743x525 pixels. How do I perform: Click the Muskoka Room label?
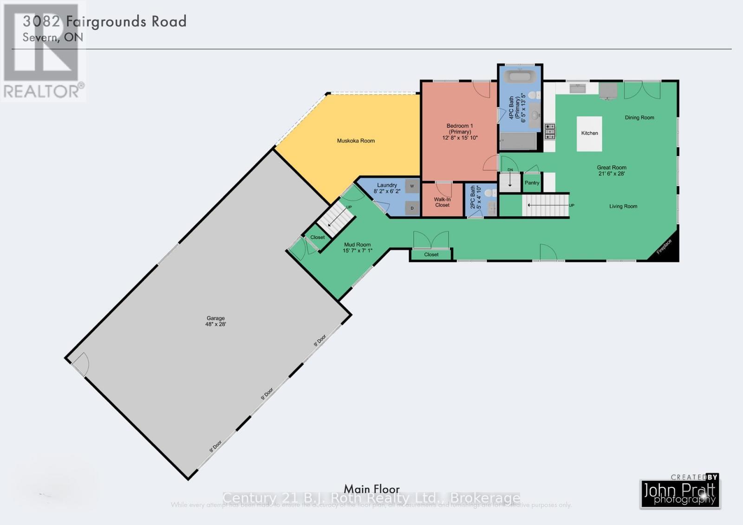(x=356, y=141)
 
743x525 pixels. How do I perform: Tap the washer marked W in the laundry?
(x=412, y=186)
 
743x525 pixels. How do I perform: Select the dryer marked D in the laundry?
(x=412, y=208)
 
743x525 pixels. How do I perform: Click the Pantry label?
(x=532, y=183)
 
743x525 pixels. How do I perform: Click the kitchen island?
(x=589, y=133)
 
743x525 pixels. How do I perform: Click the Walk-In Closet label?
(x=442, y=202)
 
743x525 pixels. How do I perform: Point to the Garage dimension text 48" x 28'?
(x=216, y=324)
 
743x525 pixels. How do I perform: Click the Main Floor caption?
(x=371, y=489)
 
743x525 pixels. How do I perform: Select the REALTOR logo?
(x=43, y=51)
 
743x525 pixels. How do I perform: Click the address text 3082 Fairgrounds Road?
(x=104, y=21)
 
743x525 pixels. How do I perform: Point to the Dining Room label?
(x=639, y=117)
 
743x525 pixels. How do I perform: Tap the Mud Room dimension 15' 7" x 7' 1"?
(x=358, y=251)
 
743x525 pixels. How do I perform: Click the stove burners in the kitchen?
(x=550, y=132)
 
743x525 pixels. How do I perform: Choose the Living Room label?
(x=623, y=206)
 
